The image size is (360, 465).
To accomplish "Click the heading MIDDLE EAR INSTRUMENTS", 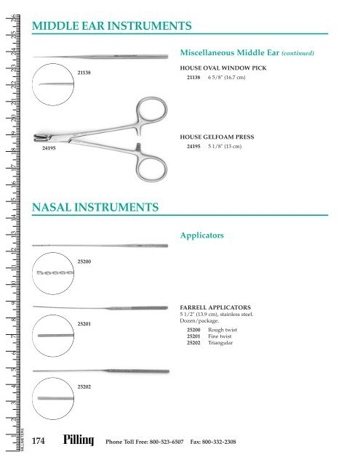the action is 113,27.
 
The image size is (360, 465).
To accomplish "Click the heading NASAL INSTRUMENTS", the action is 97,209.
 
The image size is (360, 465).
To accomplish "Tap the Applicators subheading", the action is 204,236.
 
